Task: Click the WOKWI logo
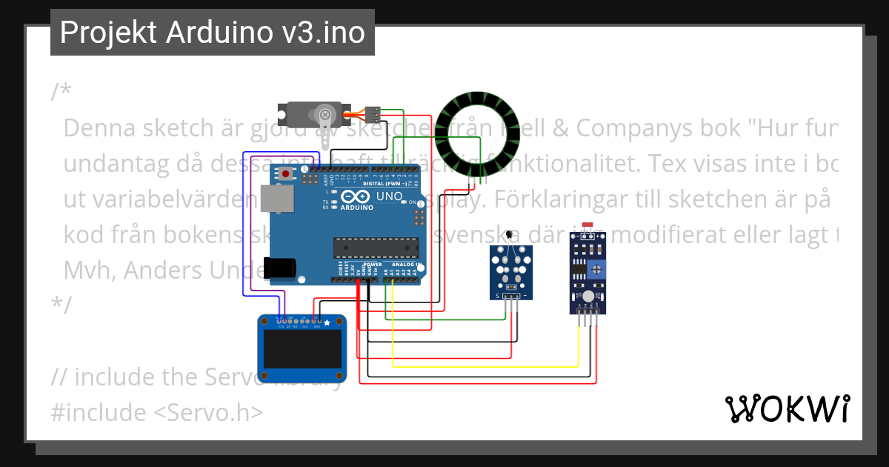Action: coord(787,408)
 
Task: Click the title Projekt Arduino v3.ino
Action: coord(213,33)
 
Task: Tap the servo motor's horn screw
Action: coord(324,114)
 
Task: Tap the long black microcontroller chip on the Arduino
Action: coord(370,246)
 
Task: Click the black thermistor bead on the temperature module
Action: coord(510,236)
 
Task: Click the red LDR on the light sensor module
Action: coord(589,225)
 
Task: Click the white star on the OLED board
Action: coord(327,323)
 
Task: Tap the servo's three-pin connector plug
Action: coord(374,114)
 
